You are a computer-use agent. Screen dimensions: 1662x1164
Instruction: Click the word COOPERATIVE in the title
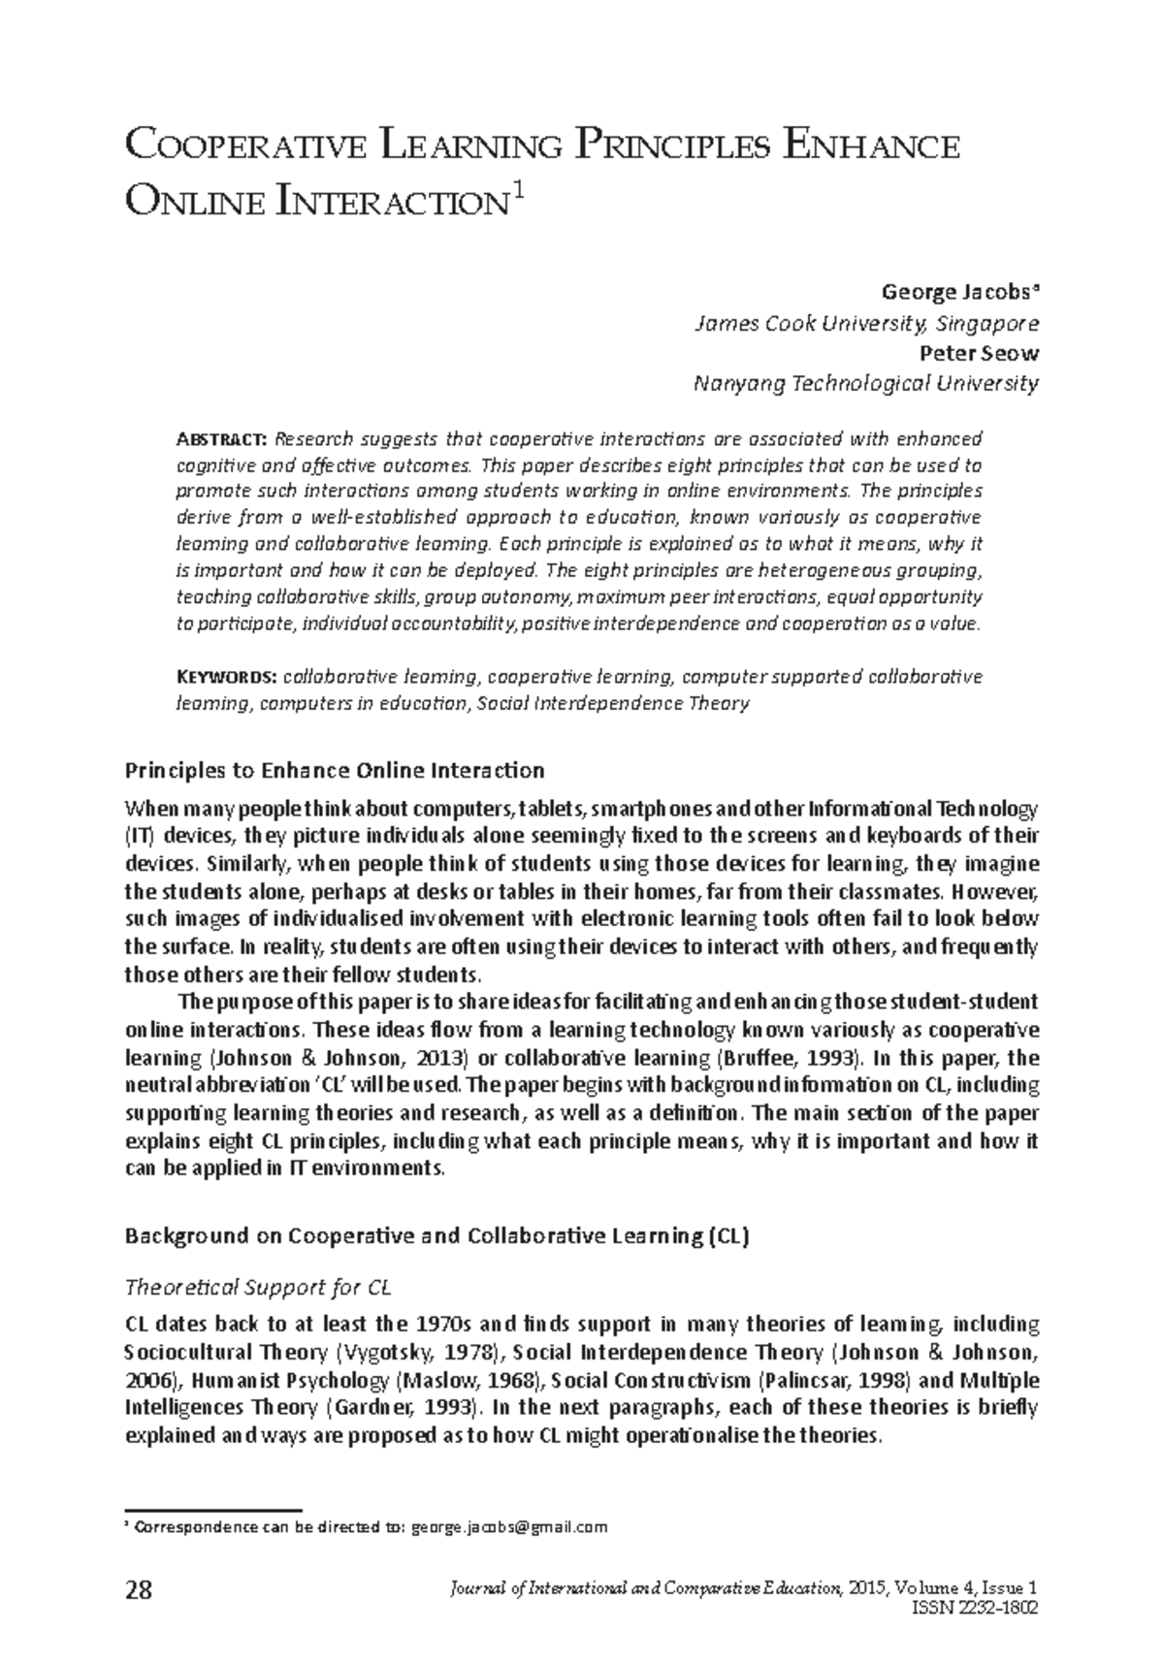[x=246, y=148]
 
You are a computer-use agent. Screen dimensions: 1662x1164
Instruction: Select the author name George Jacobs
[x=957, y=292]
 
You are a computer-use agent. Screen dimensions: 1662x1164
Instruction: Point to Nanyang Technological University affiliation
[x=866, y=383]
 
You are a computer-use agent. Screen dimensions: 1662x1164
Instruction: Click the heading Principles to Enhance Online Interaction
[x=335, y=771]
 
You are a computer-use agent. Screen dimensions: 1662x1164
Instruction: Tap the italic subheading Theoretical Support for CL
[x=258, y=1288]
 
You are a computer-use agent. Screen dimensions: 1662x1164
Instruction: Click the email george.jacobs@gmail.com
[x=509, y=1527]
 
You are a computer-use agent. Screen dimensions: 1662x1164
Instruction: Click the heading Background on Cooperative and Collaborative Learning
[x=436, y=1236]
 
